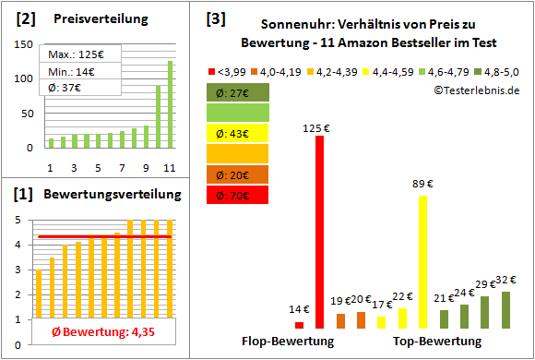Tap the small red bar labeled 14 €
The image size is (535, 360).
click(299, 325)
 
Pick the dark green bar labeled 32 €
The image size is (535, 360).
click(505, 310)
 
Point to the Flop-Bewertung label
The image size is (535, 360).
click(287, 342)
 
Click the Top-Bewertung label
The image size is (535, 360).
click(437, 342)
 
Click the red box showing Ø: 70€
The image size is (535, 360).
click(237, 195)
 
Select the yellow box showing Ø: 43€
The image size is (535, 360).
click(237, 133)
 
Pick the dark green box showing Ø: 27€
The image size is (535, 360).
click(237, 92)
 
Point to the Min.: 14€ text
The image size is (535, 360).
click(72, 72)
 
